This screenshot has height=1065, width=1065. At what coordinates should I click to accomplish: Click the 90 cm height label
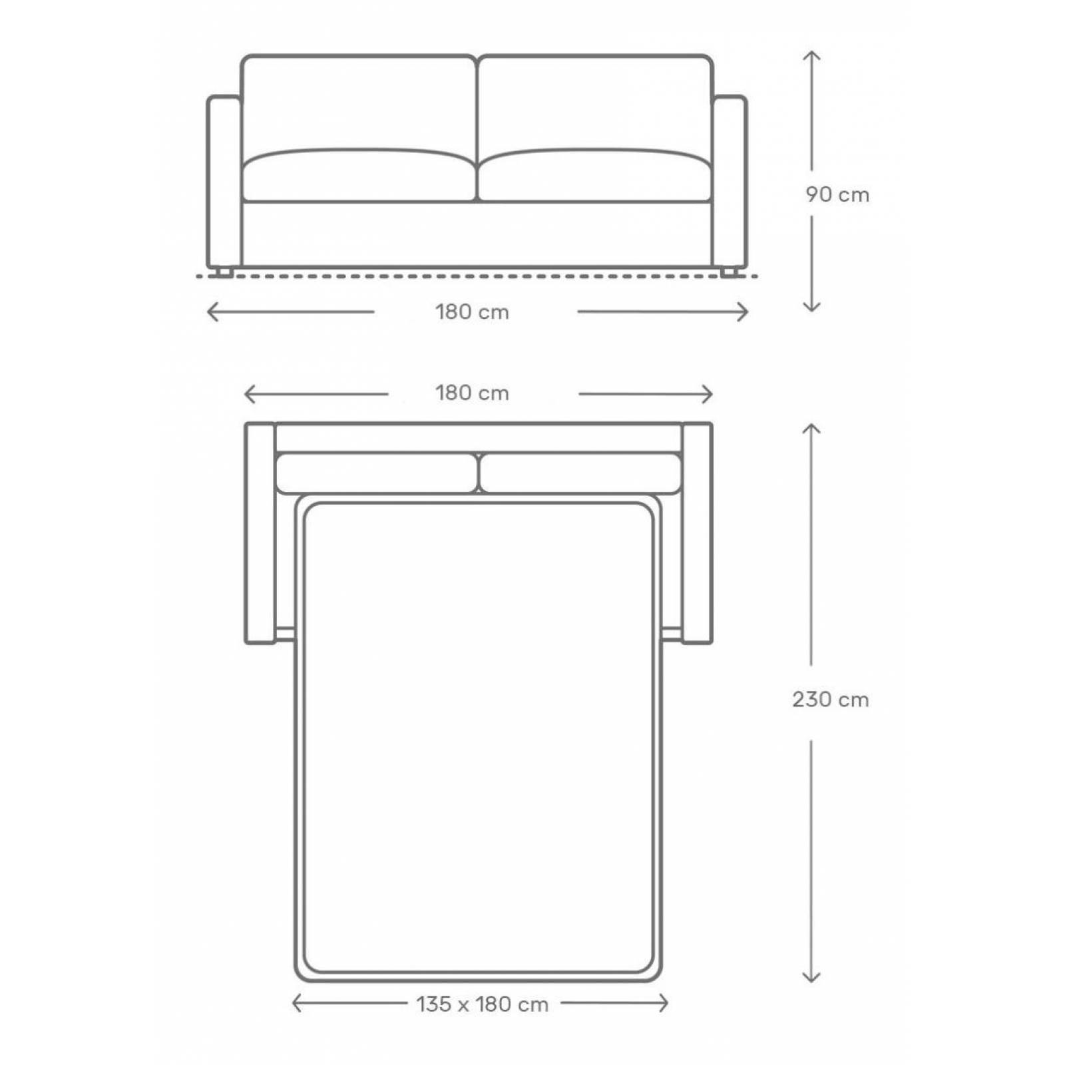click(837, 195)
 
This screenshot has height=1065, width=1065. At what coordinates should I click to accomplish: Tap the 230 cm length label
click(830, 700)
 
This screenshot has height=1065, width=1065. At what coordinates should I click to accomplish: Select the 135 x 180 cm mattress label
click(482, 1004)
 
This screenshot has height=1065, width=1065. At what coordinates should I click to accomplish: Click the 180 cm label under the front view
click(472, 312)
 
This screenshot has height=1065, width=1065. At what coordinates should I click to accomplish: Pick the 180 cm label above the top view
click(472, 393)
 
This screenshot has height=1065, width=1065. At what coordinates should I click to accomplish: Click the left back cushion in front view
click(359, 103)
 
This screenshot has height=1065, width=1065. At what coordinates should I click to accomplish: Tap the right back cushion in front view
click(594, 103)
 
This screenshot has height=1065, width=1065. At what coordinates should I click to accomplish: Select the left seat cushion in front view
click(359, 176)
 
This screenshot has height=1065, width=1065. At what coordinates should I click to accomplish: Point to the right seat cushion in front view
click(594, 176)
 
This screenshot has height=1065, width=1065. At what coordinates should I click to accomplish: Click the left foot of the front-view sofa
click(223, 272)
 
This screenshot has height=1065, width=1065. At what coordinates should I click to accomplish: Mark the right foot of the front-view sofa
click(730, 272)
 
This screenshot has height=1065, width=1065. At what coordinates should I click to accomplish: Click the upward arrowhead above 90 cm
click(811, 55)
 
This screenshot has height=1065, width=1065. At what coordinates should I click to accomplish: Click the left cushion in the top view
click(376, 473)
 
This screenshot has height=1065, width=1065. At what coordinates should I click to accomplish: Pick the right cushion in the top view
click(580, 473)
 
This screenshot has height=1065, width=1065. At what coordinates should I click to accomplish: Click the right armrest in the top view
click(697, 532)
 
